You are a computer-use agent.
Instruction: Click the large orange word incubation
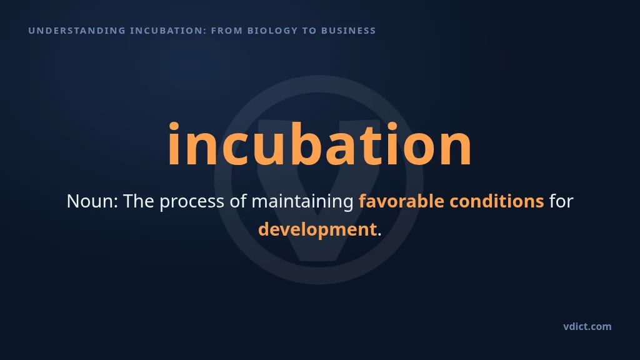click(319, 144)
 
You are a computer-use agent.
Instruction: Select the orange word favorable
click(401, 201)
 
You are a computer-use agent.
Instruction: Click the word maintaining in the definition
click(302, 202)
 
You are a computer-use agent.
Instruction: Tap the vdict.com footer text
click(587, 326)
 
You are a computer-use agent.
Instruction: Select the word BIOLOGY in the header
click(272, 31)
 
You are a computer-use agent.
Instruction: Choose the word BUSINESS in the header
click(349, 31)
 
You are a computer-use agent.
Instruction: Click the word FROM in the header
click(227, 31)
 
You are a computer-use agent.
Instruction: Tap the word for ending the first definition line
click(561, 201)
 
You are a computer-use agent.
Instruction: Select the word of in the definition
click(238, 201)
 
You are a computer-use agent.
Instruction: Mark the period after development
click(379, 235)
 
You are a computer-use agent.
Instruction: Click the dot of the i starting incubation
click(174, 126)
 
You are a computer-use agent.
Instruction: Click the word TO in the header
click(309, 31)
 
